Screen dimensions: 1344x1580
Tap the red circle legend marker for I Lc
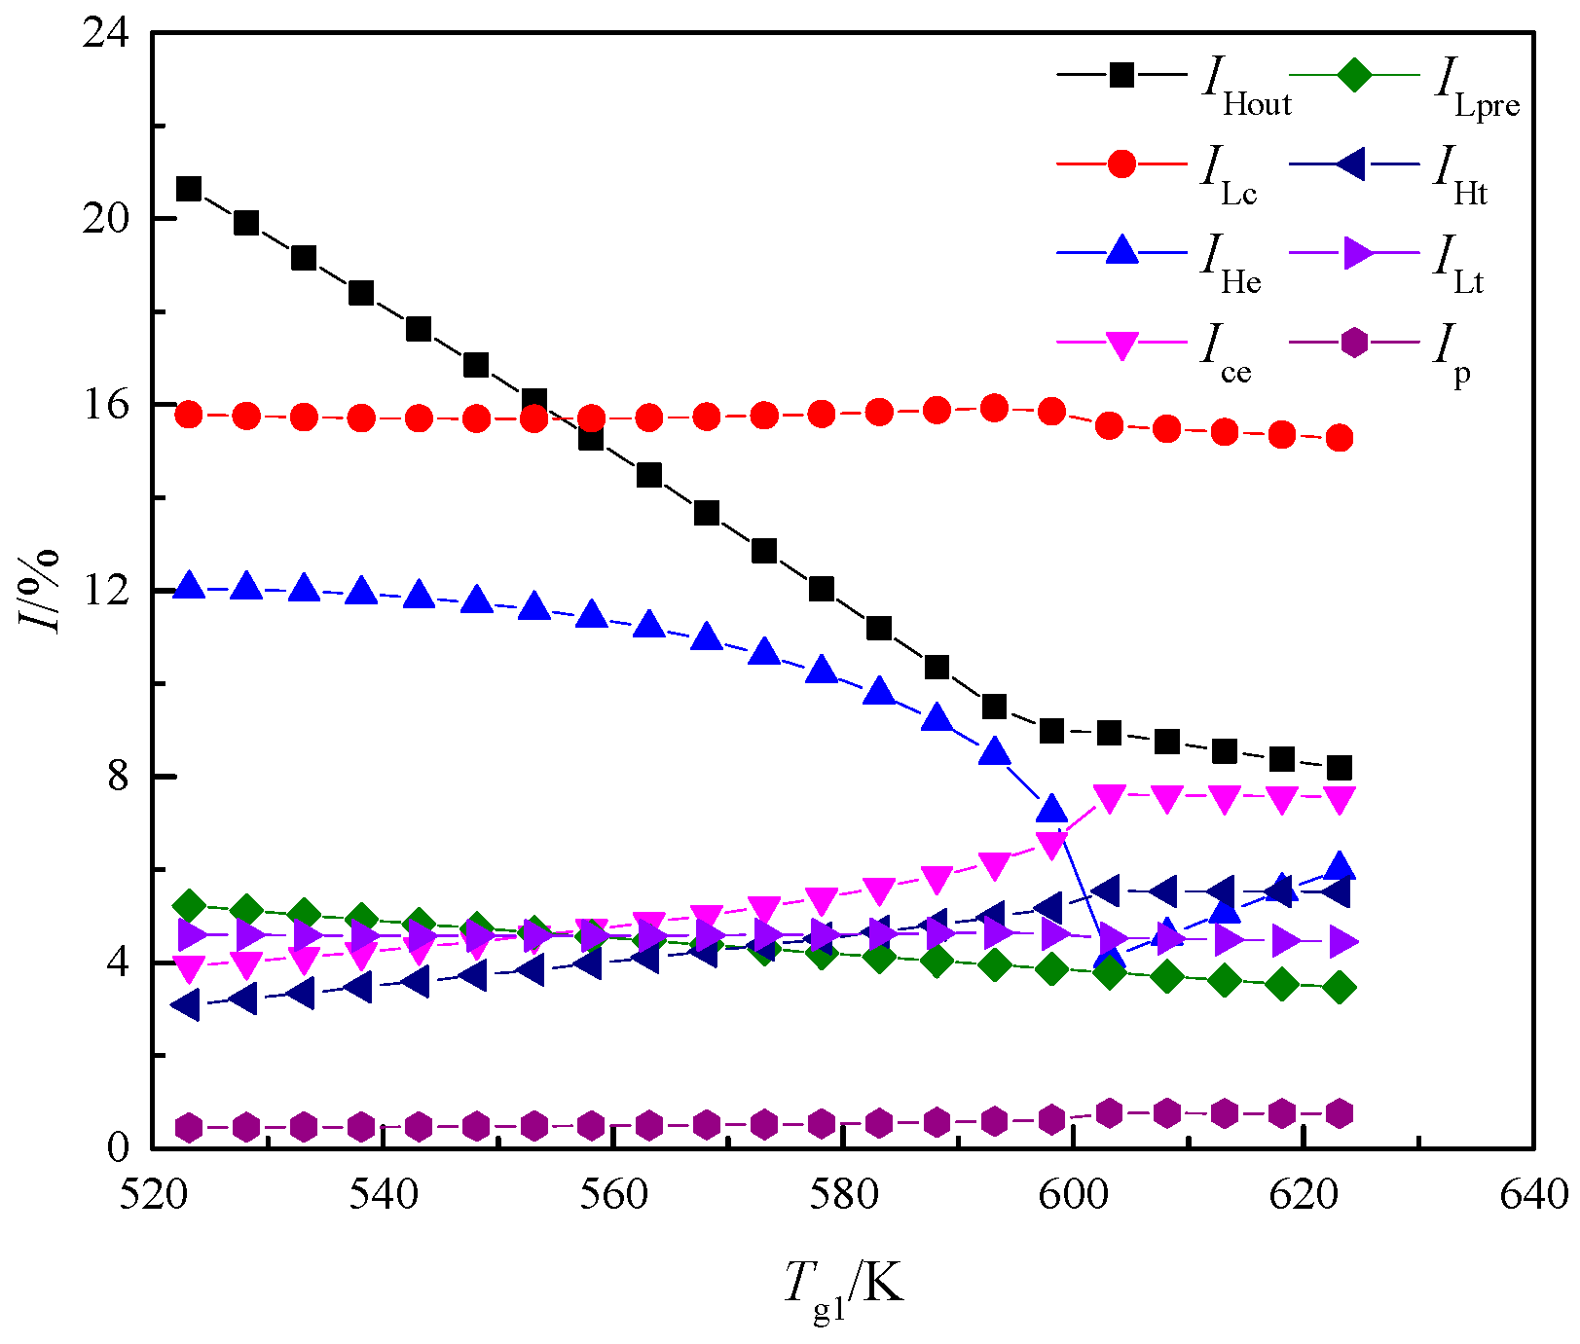(x=1122, y=163)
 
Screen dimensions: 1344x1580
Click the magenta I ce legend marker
(x=1122, y=345)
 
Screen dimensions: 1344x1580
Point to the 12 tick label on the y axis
(x=105, y=591)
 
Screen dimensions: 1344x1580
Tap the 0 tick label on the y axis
(x=117, y=1147)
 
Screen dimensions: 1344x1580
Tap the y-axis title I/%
(x=44, y=591)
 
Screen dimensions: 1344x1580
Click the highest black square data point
(x=189, y=189)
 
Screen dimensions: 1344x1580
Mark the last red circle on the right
(x=1340, y=438)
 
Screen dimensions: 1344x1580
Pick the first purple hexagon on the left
(x=189, y=1128)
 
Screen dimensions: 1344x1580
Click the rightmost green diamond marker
(x=1340, y=988)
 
